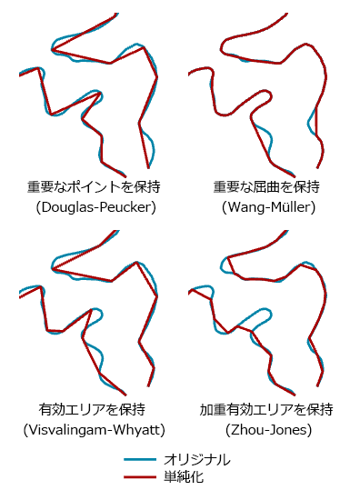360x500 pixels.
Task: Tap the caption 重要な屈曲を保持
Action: click(x=267, y=187)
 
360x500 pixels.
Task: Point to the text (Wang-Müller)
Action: click(x=267, y=207)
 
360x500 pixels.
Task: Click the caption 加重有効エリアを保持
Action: click(x=267, y=408)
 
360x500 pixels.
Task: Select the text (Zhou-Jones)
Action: click(x=267, y=428)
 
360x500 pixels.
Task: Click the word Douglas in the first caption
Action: click(x=66, y=207)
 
